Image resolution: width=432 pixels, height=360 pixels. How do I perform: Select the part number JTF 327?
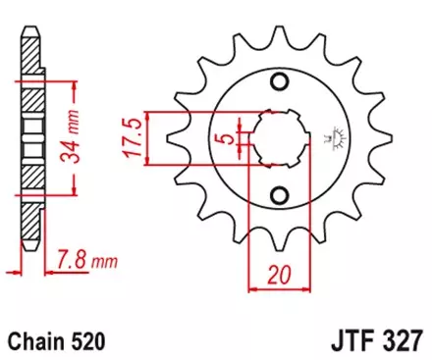click(x=373, y=342)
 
